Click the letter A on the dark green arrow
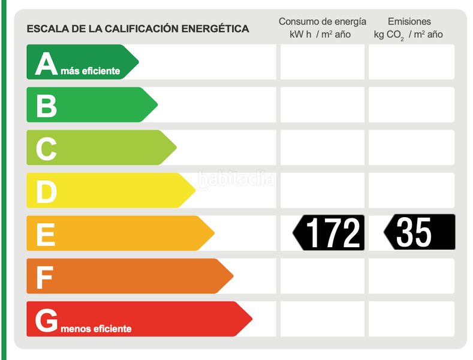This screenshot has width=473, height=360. pos(46,63)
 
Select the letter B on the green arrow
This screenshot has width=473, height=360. pos(46,106)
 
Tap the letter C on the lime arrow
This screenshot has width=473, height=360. pos(46,149)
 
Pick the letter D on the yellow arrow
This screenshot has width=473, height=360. pos(46,191)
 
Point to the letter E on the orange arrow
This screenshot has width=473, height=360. pos(46,234)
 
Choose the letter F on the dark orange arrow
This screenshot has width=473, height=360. pos(45,277)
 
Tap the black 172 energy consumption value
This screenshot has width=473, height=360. pos(333,233)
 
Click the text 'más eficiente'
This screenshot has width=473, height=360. pos(91,71)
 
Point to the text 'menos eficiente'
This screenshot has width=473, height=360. pos(96,329)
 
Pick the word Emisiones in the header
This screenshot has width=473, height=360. pos(409,22)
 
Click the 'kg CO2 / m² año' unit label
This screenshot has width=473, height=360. pos(408,35)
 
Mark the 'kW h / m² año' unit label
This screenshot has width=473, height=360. pos(320,35)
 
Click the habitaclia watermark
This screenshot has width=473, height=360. pos(237,179)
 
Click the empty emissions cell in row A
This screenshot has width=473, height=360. pos(411,62)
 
